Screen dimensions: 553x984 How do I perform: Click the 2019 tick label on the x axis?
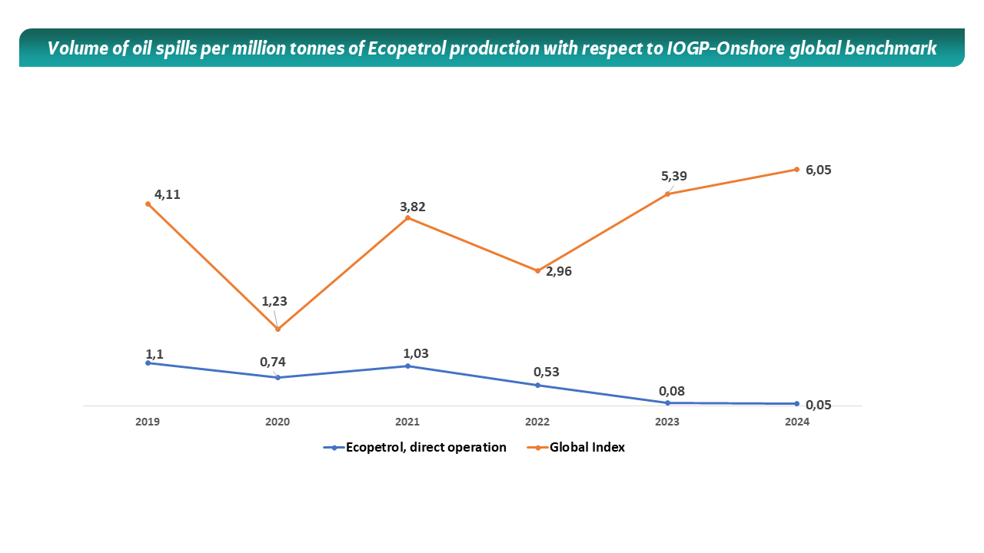147,422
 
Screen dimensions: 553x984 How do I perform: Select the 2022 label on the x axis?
537,422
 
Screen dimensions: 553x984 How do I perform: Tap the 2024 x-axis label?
797,422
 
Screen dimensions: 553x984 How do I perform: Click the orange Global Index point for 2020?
278,329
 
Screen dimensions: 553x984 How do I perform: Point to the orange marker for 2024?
797,169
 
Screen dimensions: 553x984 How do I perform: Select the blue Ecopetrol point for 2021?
407,366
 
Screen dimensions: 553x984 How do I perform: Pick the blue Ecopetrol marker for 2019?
148,363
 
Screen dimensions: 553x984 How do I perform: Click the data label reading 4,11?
167,194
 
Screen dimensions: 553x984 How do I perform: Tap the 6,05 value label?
819,170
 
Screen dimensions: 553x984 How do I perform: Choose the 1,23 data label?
274,302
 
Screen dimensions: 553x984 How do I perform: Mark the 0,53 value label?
547,372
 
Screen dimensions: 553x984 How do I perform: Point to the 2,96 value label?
559,271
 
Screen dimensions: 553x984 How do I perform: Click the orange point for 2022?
538,270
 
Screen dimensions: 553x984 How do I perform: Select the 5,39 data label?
674,176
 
